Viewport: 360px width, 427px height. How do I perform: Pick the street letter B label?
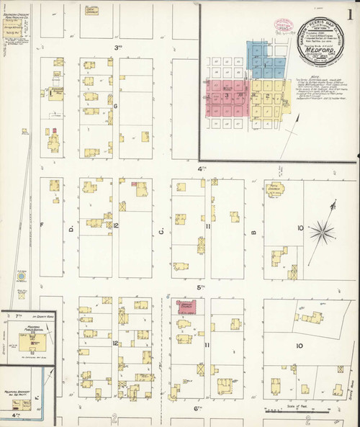[253, 231]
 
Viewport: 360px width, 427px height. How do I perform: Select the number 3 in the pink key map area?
[227, 94]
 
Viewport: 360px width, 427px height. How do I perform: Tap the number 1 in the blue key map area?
[264, 66]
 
